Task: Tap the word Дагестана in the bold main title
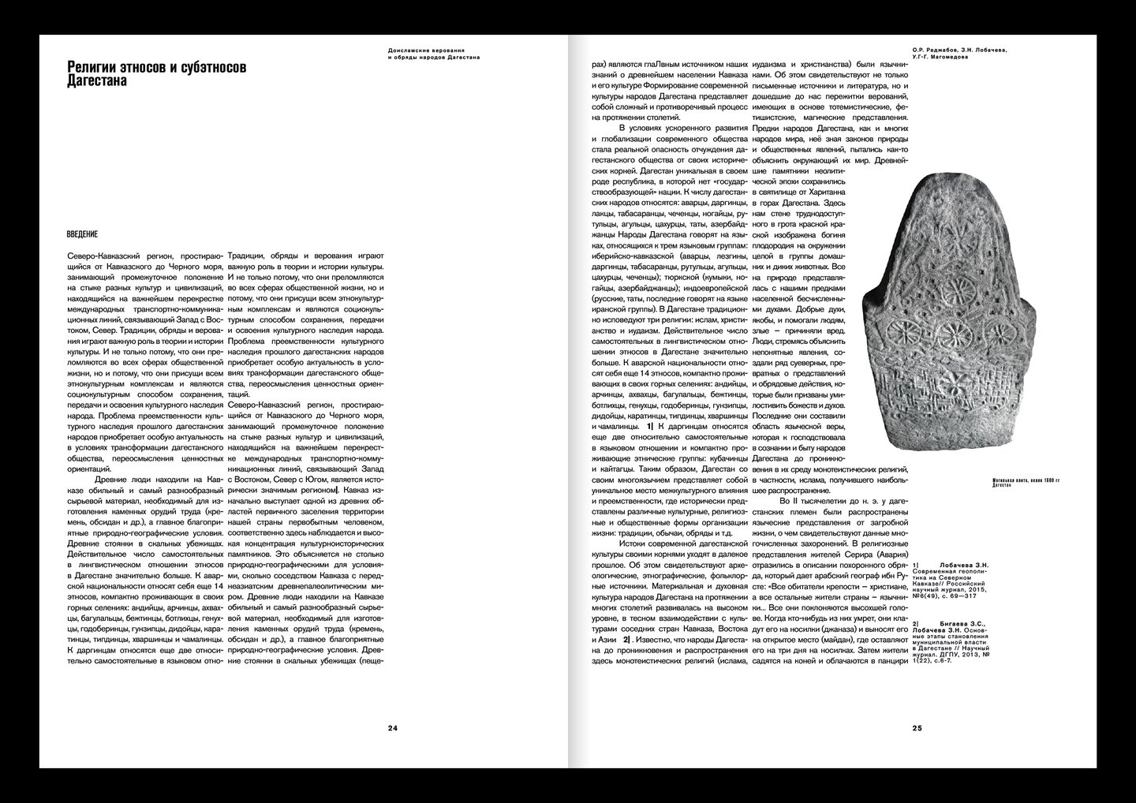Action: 97,81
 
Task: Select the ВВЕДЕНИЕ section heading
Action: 82,233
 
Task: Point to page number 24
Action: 392,727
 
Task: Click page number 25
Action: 916,727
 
